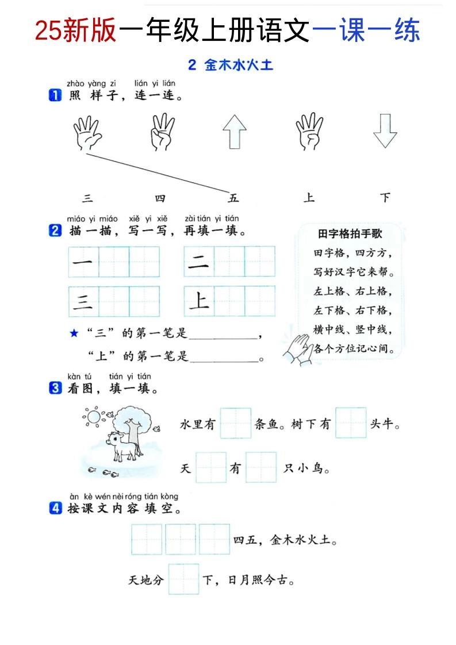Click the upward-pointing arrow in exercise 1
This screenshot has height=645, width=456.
point(235,132)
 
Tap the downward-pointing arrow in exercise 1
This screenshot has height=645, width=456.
point(385,131)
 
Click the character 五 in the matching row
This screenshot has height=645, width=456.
point(233,198)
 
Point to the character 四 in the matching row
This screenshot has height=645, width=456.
point(160,198)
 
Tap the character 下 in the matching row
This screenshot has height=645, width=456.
point(385,198)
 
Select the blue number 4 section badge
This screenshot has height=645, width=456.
point(55,508)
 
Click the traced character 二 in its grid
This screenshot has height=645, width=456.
point(199,262)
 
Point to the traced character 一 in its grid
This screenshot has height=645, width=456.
point(83,262)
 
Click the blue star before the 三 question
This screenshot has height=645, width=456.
point(74,333)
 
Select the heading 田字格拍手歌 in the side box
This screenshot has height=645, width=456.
point(350,234)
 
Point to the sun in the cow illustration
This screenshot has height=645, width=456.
point(91,415)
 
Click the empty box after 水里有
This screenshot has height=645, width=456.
point(236,424)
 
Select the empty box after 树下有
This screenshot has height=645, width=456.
point(351,424)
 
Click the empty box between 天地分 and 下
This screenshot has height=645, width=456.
point(183,579)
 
